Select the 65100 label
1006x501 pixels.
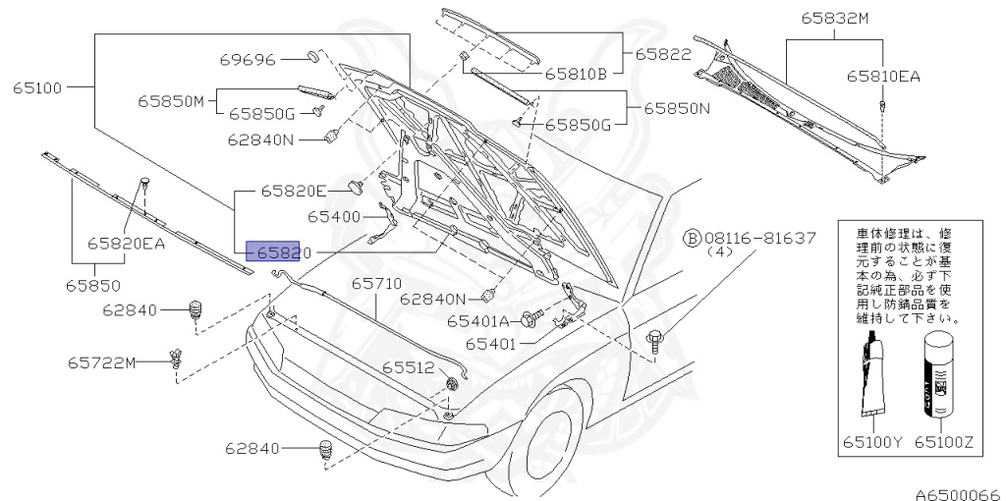[37, 88]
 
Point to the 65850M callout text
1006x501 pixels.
[169, 100]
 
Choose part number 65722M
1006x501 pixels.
[101, 362]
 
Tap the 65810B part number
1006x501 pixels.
[577, 72]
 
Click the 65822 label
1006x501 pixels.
[662, 55]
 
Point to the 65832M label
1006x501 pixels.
[834, 19]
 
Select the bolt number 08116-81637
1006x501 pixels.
[759, 238]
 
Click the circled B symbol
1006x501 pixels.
[692, 238]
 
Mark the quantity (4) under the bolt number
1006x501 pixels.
[720, 251]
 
